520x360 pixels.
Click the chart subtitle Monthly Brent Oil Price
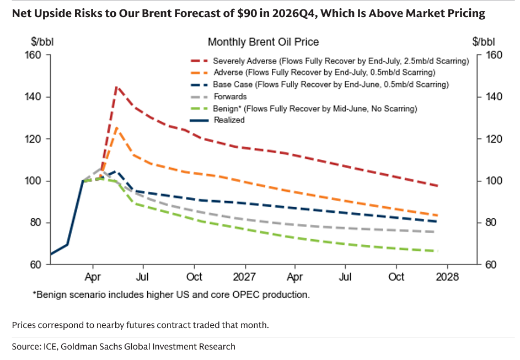pyautogui.click(x=264, y=42)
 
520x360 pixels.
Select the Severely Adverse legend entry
pyautogui.click(x=330, y=61)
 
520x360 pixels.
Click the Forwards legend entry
pyautogui.click(x=219, y=96)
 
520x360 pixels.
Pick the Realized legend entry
pyautogui.click(x=218, y=120)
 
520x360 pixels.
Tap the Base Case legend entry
pyautogui.click(x=320, y=84)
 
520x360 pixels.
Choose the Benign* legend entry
pyautogui.click(x=304, y=109)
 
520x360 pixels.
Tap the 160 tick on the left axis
pyautogui.click(x=33, y=55)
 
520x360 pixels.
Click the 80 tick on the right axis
pyautogui.click(x=491, y=222)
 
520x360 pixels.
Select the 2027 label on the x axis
pyautogui.click(x=244, y=277)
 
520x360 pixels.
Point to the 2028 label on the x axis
pyautogui.click(x=447, y=277)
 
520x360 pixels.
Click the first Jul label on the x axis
pyautogui.click(x=143, y=277)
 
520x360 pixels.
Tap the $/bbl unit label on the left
pyautogui.click(x=42, y=42)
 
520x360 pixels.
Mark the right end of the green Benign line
pyautogui.click(x=438, y=251)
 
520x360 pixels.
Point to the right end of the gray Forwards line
pyautogui.click(x=435, y=232)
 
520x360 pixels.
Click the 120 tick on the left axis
pyautogui.click(x=33, y=139)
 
